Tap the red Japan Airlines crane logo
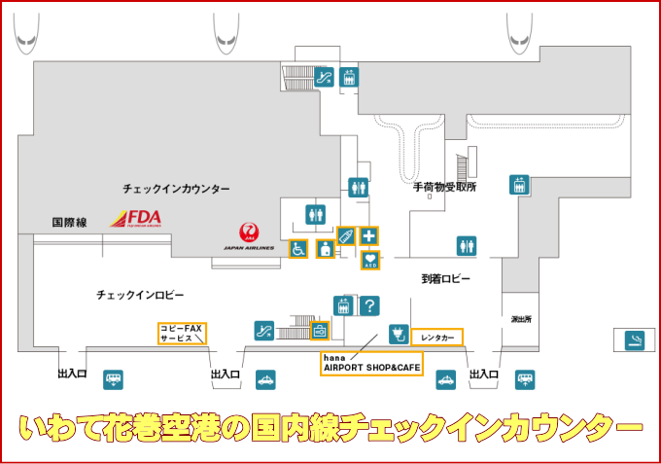250,232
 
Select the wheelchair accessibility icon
298,249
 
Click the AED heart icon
369,259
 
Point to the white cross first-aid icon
369,235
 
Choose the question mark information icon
368,305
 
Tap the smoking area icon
635,339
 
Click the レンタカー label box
436,338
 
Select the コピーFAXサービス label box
185,334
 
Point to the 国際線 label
70,223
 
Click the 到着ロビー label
445,278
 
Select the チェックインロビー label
140,294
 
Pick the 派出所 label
521,319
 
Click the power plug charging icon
397,335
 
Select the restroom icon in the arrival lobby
467,245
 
